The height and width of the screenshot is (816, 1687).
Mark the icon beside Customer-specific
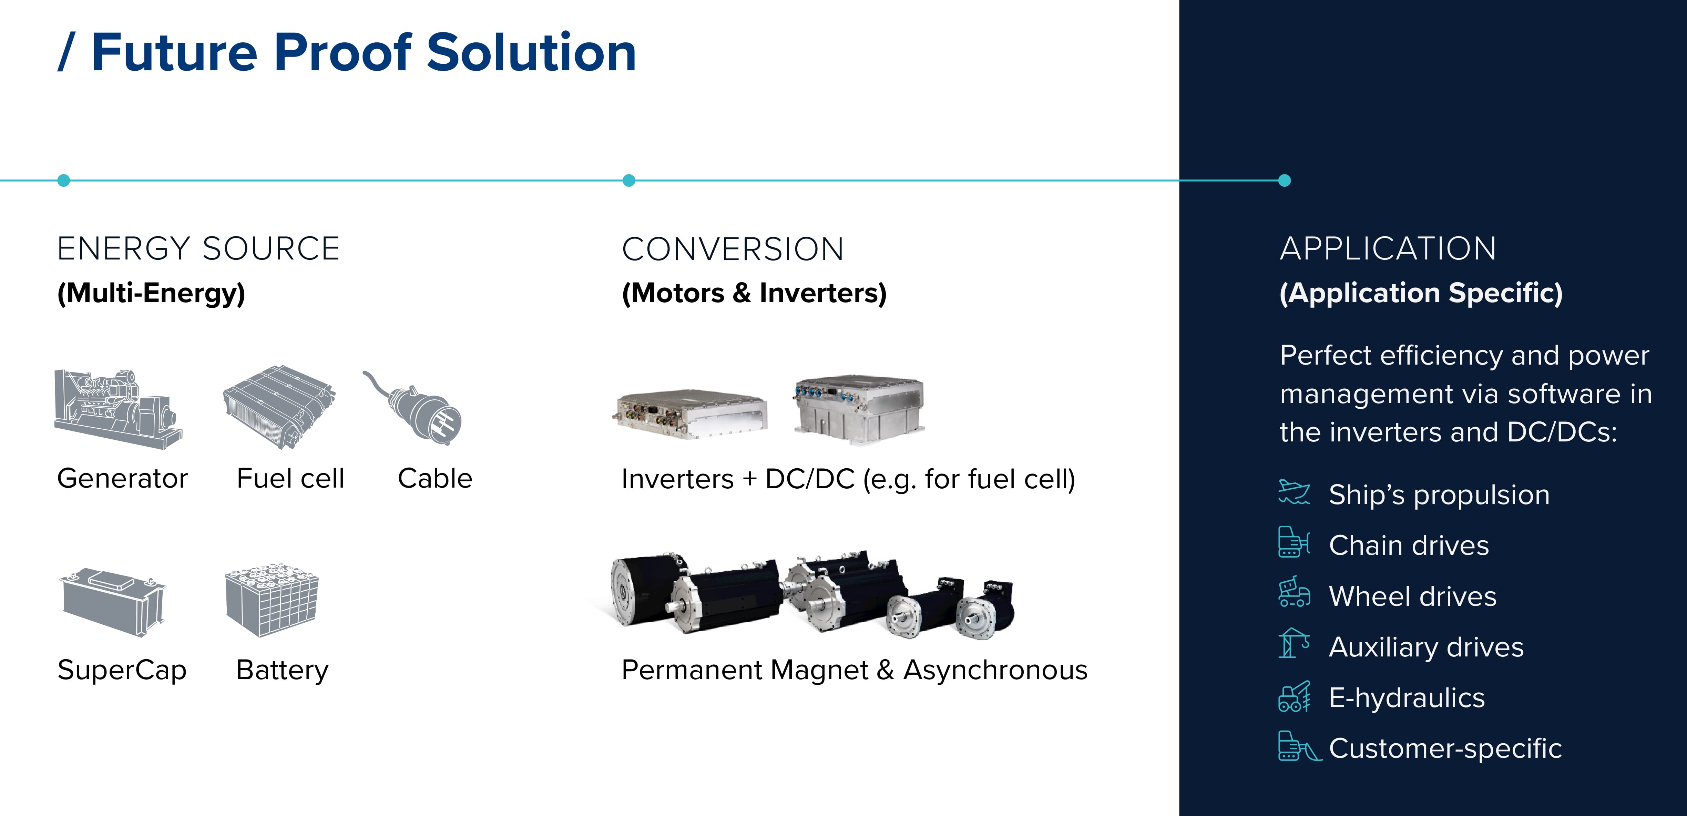1299,747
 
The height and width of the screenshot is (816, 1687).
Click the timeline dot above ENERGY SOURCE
63,180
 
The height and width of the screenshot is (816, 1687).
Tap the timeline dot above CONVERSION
629,180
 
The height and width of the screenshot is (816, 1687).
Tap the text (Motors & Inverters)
754,293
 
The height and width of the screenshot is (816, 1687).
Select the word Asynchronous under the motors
995,670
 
